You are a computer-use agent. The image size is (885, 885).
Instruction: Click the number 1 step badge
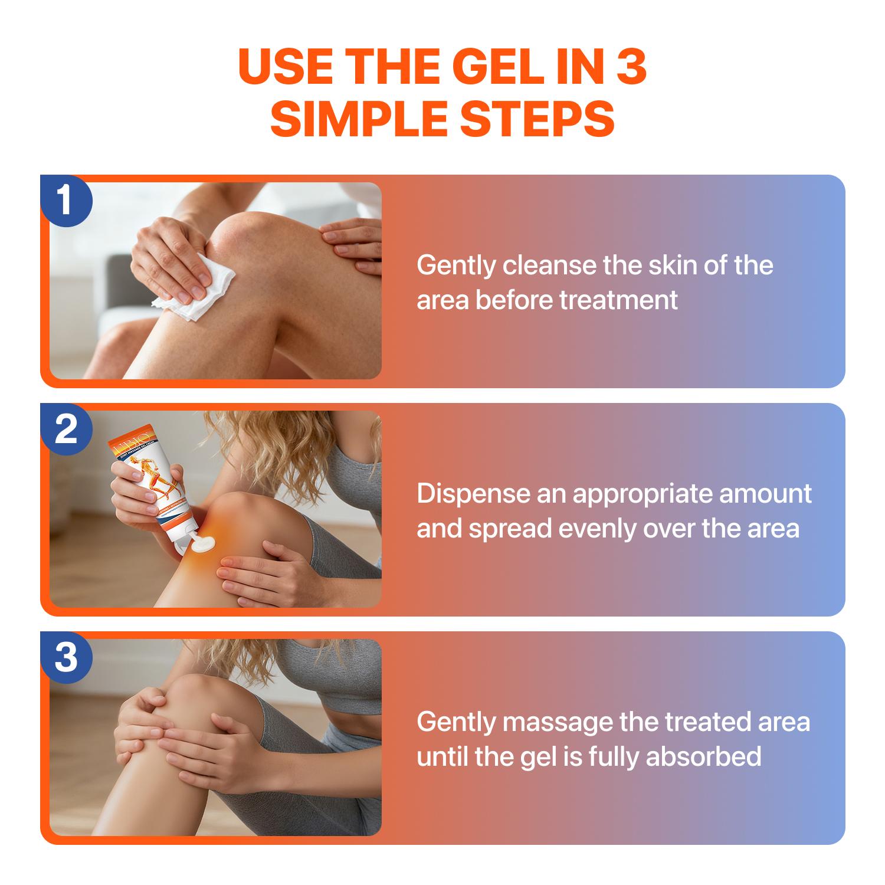[66, 201]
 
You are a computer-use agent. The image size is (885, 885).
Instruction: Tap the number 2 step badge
[66, 429]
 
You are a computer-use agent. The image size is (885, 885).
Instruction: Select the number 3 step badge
[66, 657]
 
